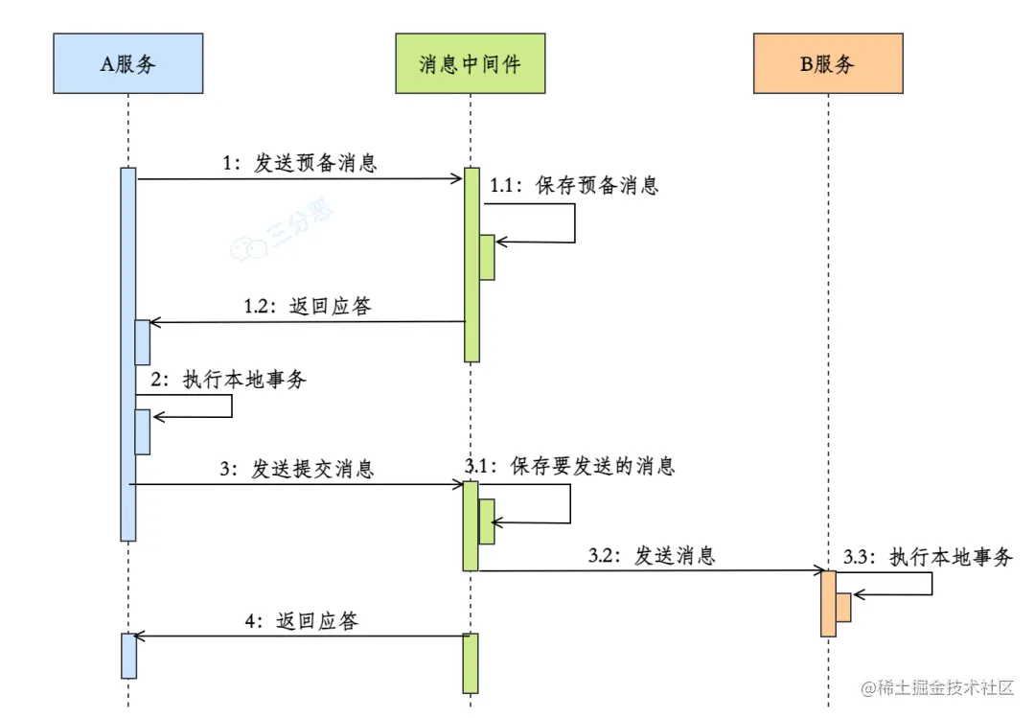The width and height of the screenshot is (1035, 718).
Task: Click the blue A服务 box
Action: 127,63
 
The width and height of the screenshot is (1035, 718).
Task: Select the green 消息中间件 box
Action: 470,63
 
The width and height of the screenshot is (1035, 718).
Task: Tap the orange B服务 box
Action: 827,63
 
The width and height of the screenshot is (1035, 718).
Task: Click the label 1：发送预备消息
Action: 299,163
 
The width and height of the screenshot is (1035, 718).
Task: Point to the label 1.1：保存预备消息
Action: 574,186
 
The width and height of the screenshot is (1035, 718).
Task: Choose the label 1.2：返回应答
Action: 307,307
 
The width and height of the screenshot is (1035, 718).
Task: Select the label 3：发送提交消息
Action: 297,469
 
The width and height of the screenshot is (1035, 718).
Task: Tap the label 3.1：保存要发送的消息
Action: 570,467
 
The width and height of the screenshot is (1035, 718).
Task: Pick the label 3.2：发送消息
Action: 652,555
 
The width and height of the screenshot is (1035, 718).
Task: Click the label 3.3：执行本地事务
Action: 928,557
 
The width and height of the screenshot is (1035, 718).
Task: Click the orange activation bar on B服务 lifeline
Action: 828,604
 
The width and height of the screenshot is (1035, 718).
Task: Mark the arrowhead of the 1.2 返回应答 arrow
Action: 143,323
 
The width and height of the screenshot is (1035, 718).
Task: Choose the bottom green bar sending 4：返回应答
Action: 471,662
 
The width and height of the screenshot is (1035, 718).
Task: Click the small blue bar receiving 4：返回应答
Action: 127,655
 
